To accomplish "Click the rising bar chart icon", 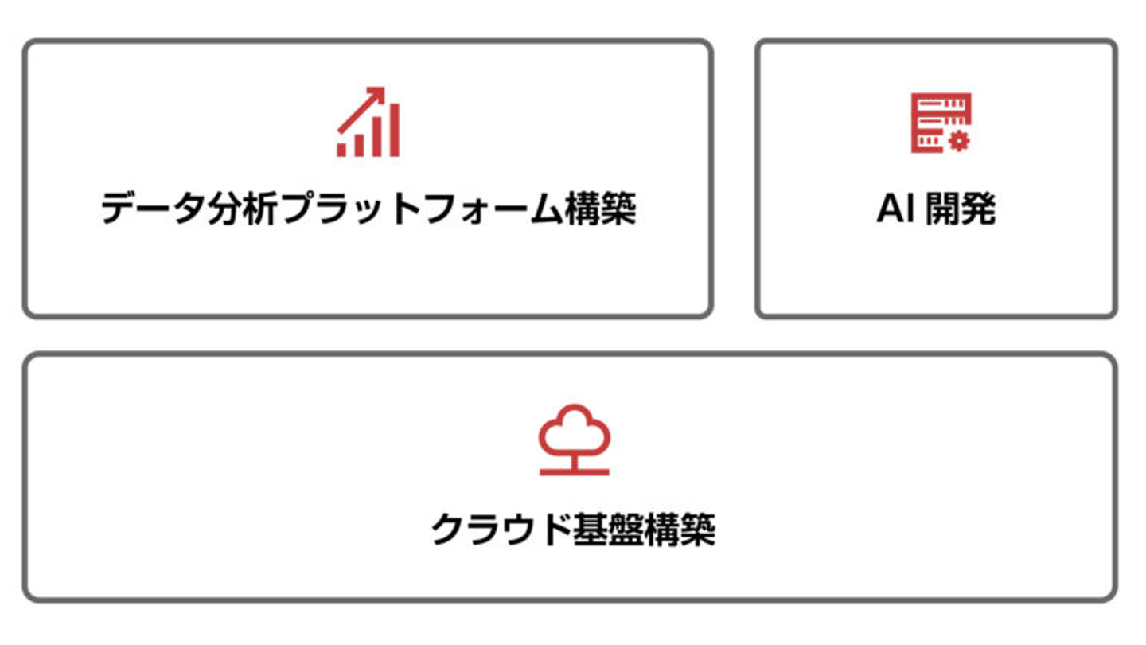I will [x=368, y=123].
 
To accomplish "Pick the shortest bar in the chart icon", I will [x=342, y=149].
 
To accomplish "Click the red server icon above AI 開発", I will [x=941, y=123].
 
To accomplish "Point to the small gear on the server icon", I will [x=960, y=142].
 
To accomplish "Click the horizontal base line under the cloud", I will [x=574, y=472].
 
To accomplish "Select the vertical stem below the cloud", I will [x=574, y=461].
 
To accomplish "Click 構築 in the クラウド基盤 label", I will [x=682, y=530].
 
